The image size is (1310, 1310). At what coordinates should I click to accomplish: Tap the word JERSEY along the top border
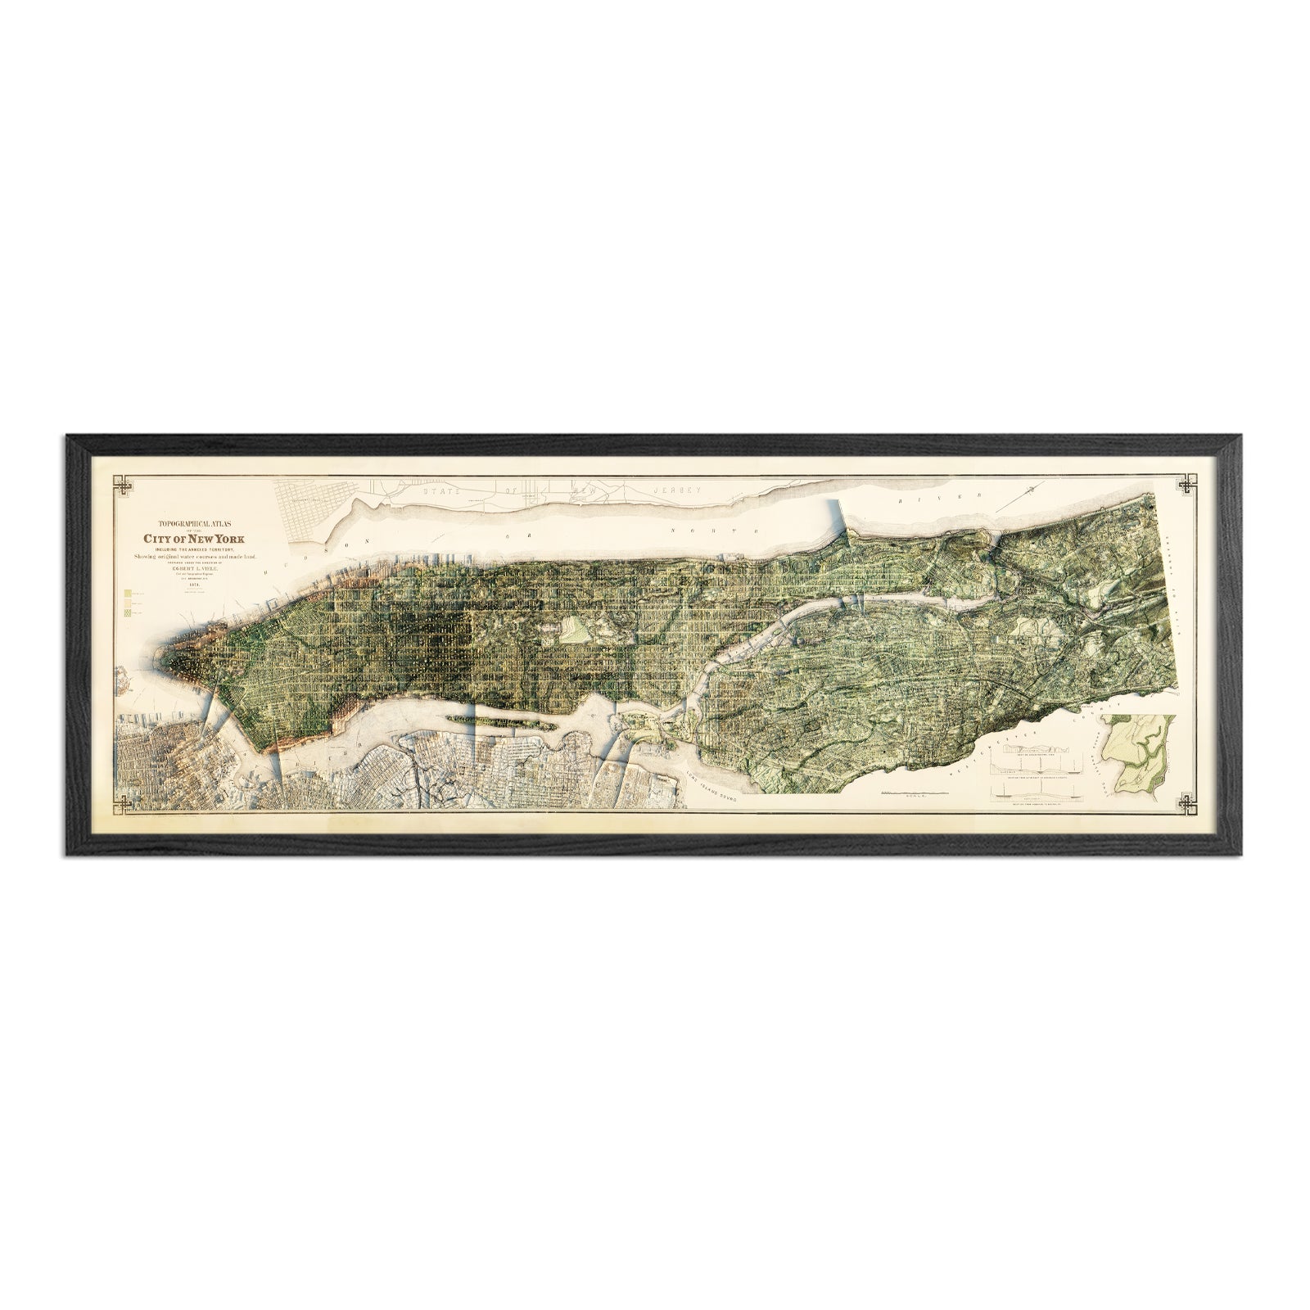tap(676, 489)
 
